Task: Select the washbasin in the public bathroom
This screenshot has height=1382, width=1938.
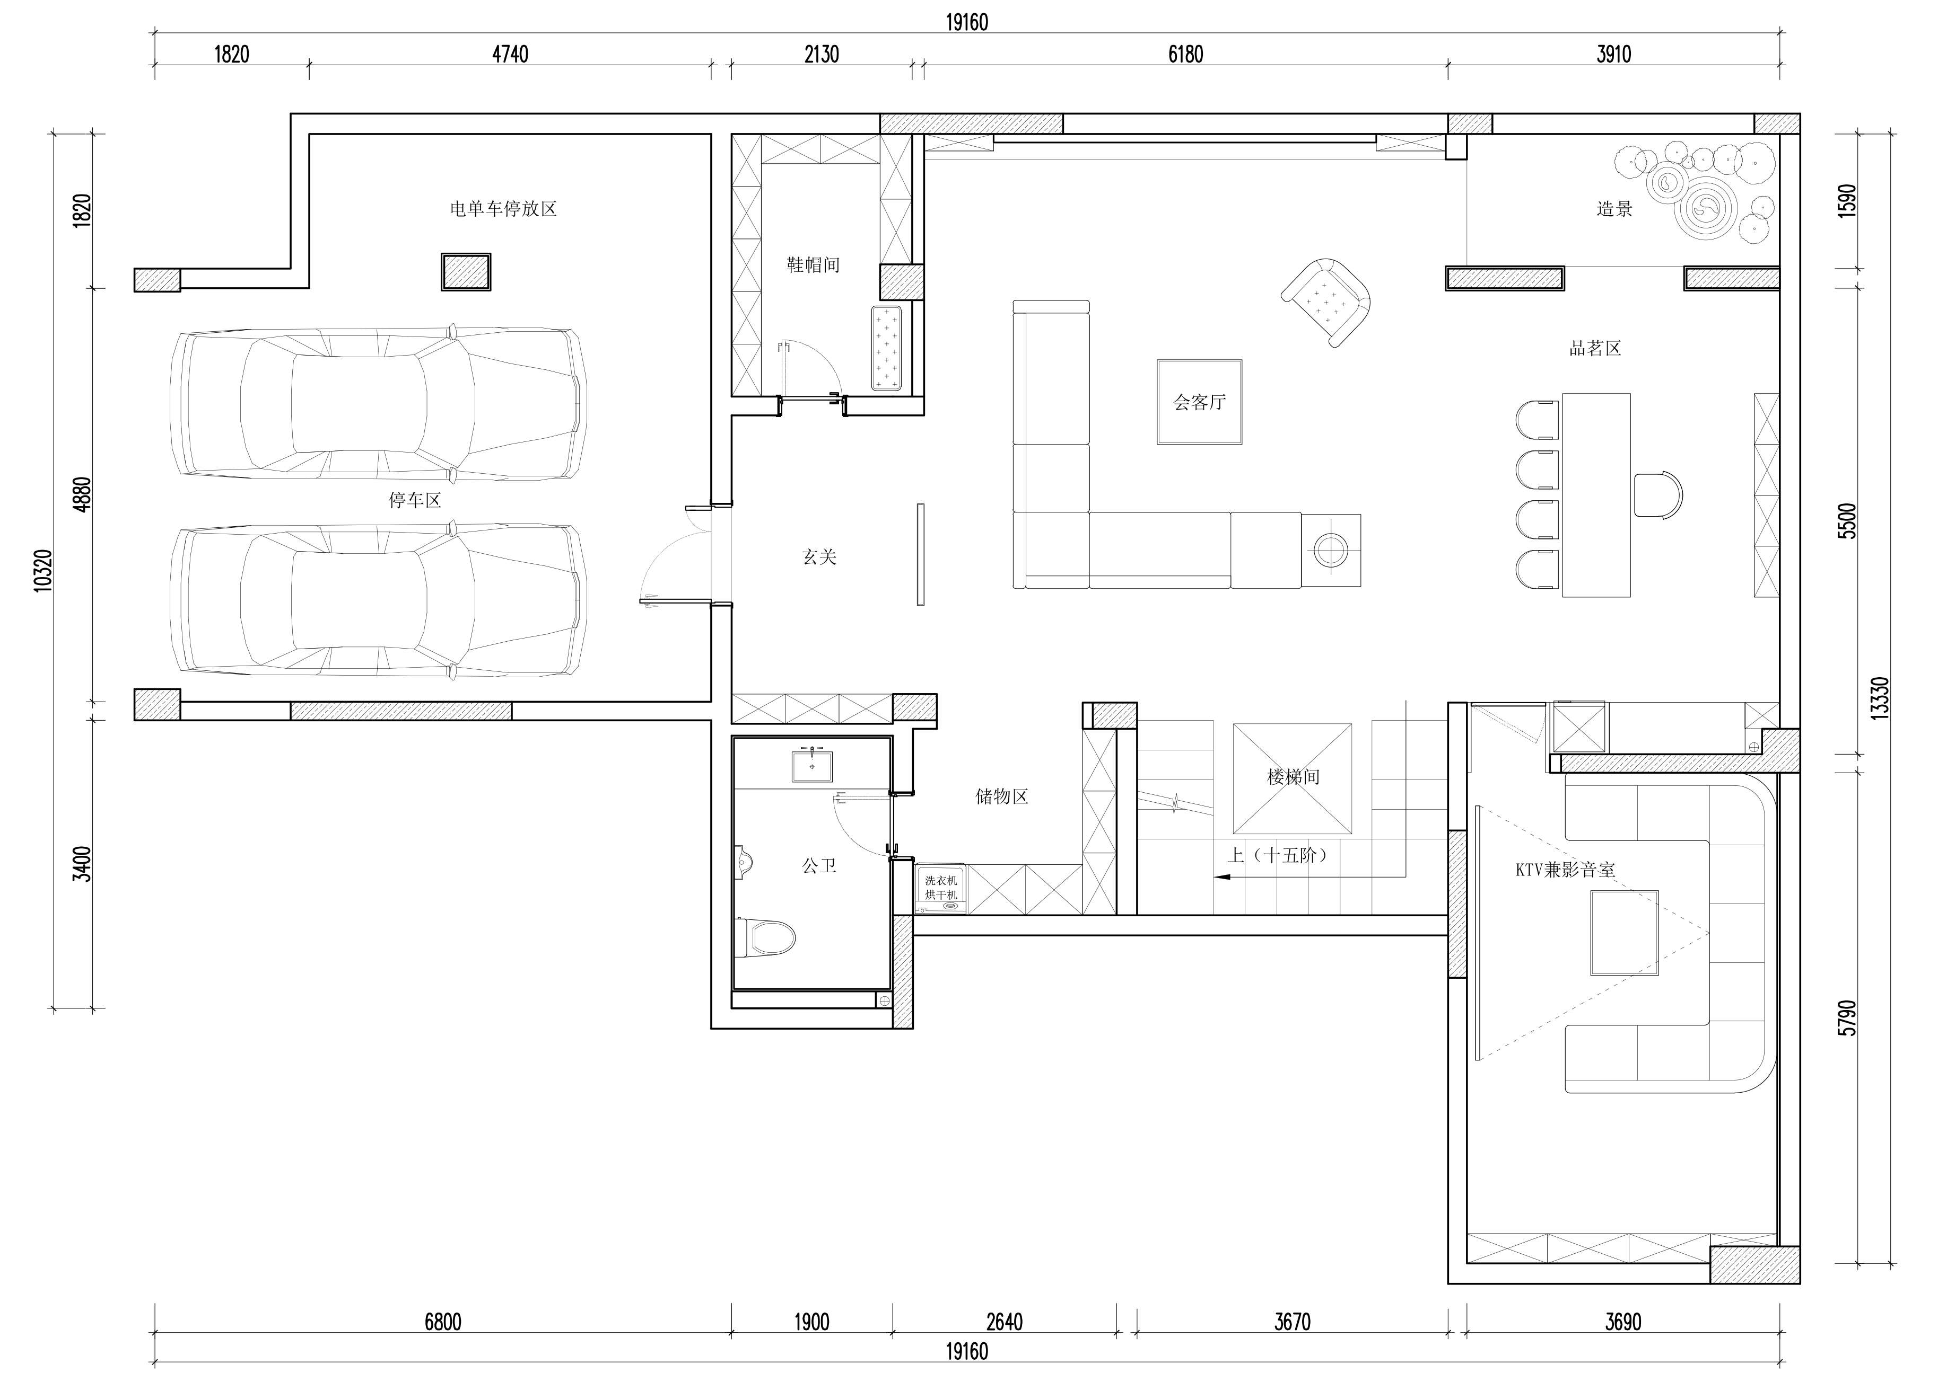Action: (813, 764)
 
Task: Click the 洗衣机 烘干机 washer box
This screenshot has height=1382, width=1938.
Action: (941, 889)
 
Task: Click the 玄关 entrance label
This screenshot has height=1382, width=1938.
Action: (819, 556)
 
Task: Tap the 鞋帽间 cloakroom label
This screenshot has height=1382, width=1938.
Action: (813, 264)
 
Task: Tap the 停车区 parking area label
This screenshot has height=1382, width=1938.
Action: (415, 500)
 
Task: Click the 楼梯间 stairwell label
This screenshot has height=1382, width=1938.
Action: (1293, 776)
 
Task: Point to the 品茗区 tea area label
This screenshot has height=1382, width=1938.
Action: (1595, 348)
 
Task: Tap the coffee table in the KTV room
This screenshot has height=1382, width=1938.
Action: (1624, 933)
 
